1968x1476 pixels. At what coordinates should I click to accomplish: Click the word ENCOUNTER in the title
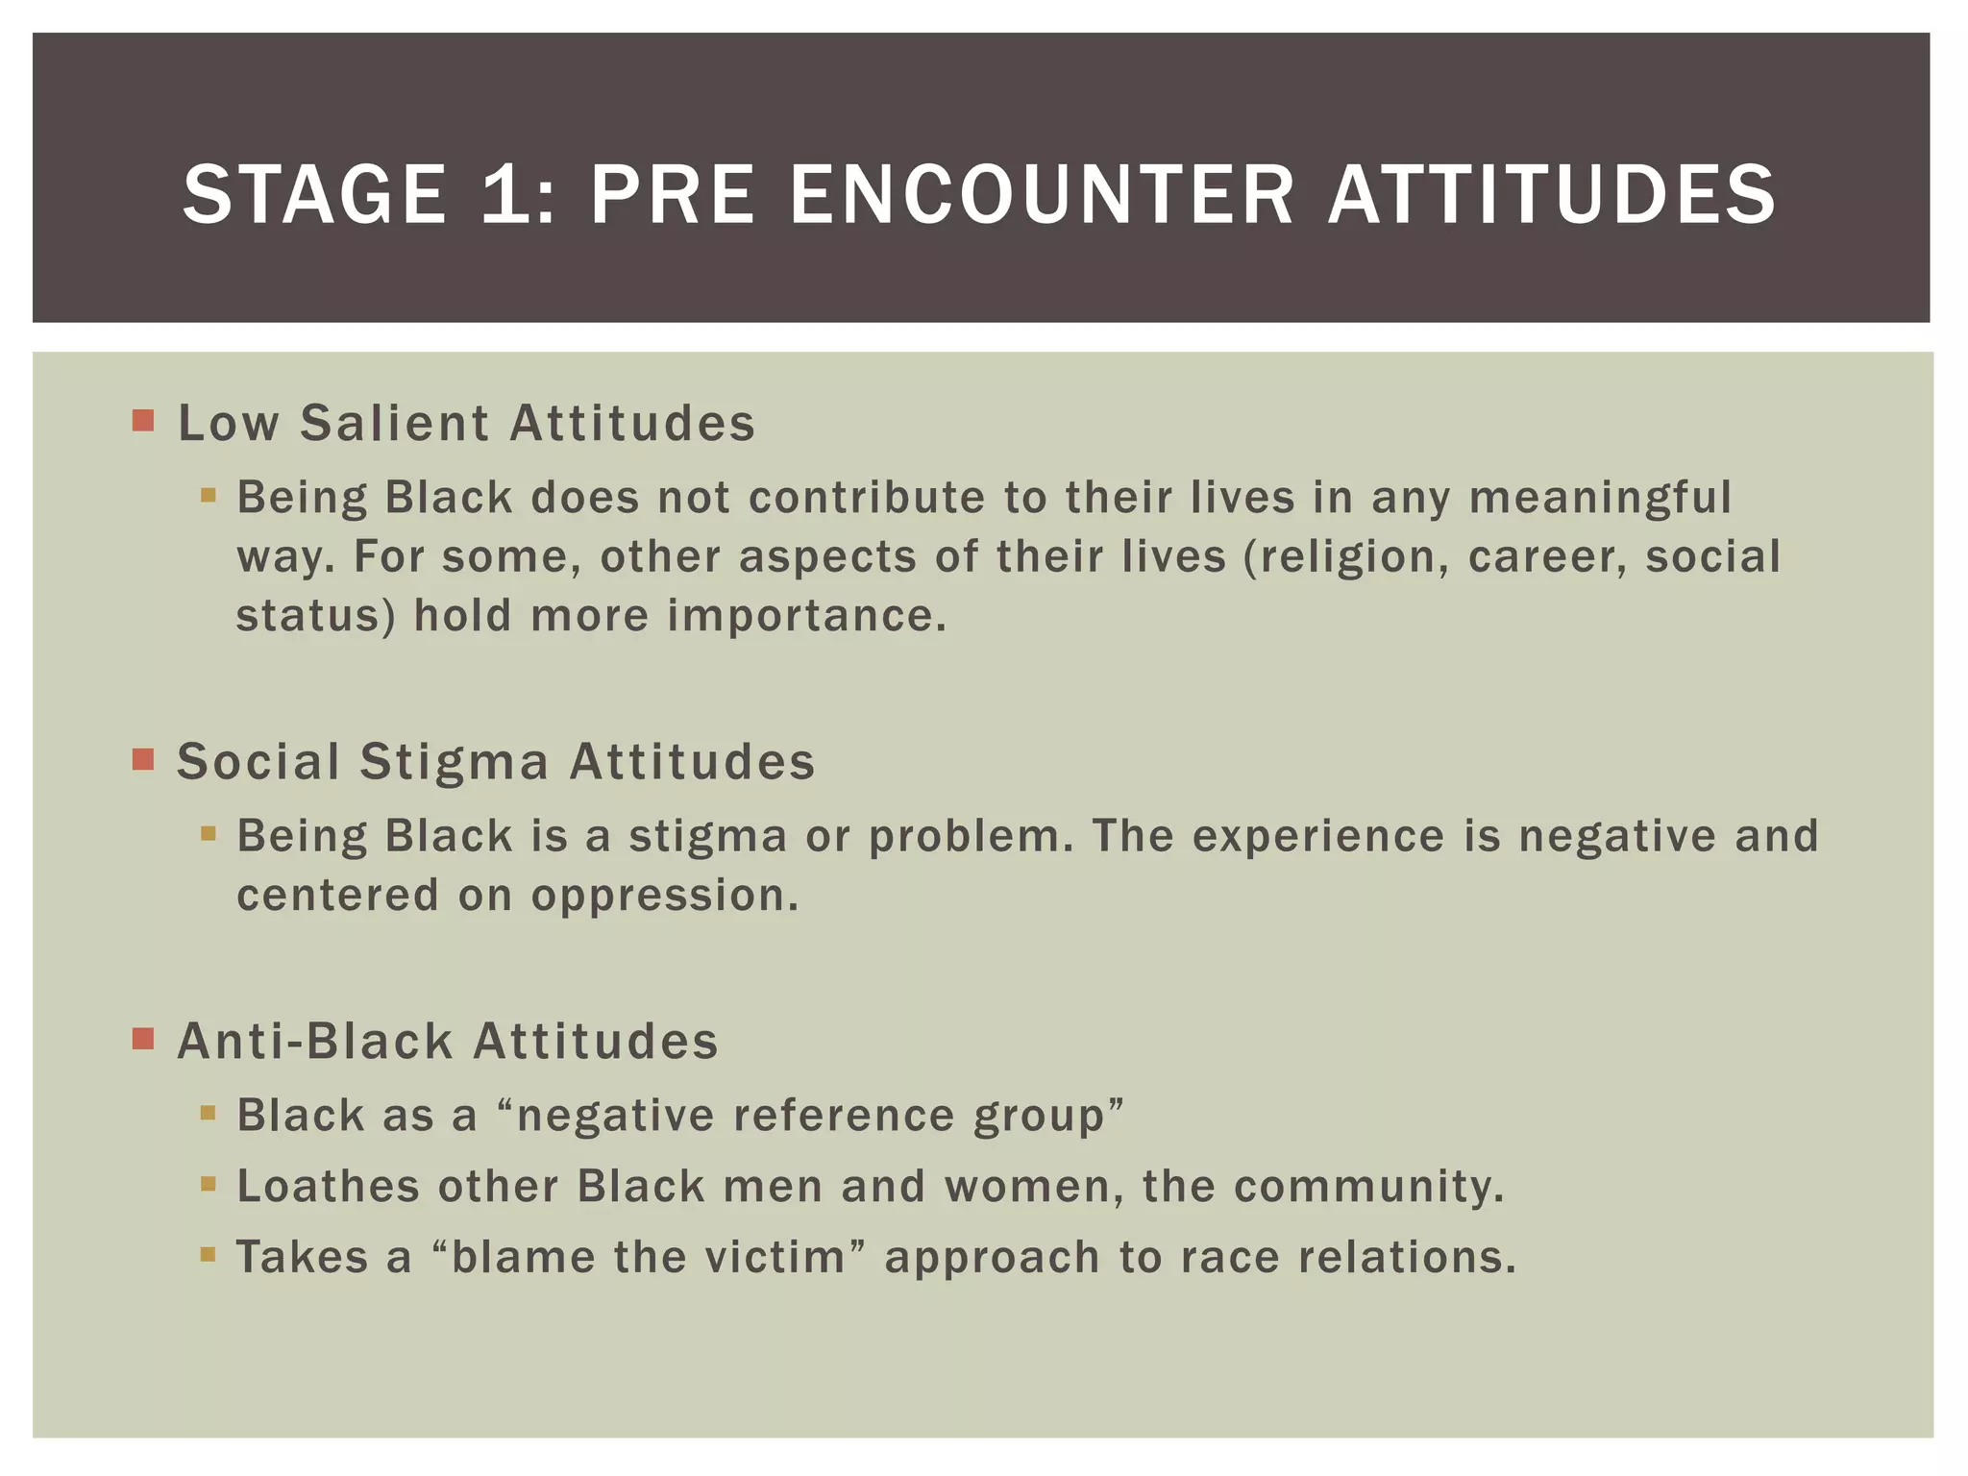click(1042, 194)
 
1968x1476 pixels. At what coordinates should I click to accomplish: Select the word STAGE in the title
click(314, 194)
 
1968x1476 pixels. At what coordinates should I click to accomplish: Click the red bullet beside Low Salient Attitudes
click(143, 421)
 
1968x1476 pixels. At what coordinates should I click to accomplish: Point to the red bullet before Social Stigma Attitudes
click(143, 760)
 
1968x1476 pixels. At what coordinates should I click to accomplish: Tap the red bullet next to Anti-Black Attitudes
click(143, 1039)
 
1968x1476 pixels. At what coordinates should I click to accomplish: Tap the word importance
click(806, 616)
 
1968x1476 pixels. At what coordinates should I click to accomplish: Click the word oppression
click(665, 896)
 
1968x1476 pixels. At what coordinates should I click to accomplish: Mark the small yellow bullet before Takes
click(209, 1254)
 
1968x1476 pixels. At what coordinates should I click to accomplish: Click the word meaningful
click(1600, 499)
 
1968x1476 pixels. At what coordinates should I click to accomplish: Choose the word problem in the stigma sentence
click(971, 837)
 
